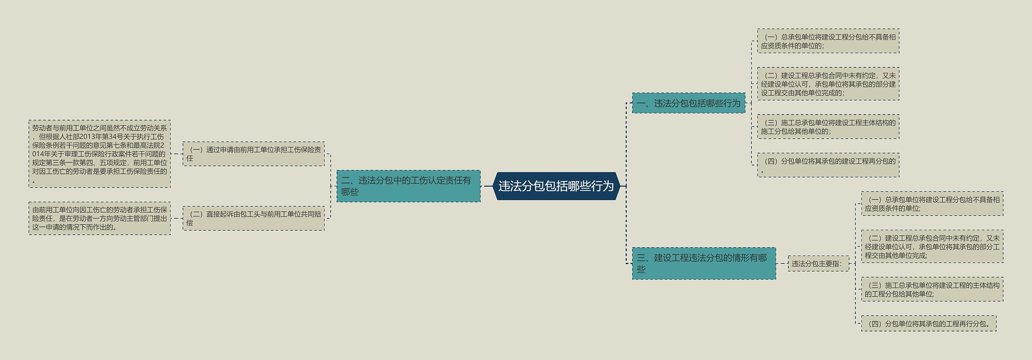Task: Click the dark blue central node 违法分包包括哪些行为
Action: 556,186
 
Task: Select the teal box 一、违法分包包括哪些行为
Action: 689,103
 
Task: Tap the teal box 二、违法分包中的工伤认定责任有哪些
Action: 408,186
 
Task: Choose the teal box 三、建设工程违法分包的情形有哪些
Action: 703,263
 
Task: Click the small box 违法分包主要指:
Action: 818,264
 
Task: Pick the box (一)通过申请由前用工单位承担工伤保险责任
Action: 254,154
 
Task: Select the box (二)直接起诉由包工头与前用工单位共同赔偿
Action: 254,218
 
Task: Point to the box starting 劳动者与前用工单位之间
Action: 100,154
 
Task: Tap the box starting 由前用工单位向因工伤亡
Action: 100,218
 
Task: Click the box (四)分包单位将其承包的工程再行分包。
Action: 928,323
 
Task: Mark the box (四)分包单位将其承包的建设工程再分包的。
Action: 828,165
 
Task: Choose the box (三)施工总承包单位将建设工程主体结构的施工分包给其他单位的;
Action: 828,127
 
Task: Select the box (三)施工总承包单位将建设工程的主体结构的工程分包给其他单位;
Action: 932,289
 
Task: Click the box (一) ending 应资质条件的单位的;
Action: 828,41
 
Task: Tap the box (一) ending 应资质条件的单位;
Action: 932,204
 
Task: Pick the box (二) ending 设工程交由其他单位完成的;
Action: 828,84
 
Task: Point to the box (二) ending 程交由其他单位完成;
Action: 932,246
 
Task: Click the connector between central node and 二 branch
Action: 487,186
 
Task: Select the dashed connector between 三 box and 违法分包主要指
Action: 782,264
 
